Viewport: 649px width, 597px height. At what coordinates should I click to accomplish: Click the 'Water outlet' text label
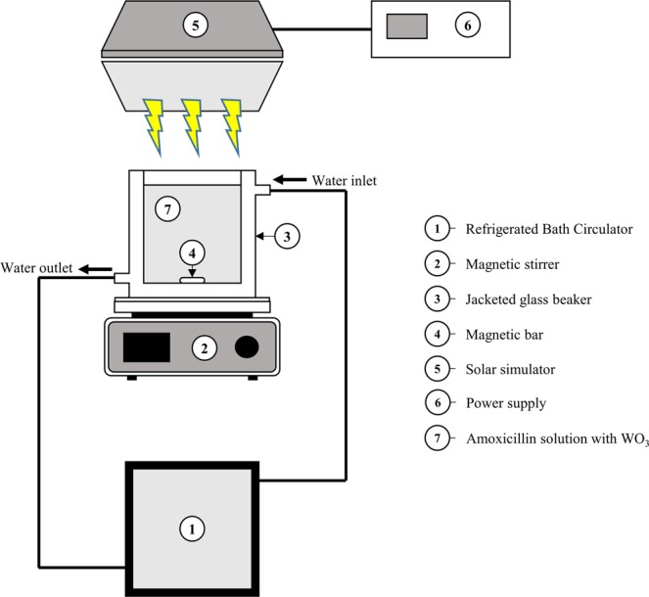pyautogui.click(x=36, y=268)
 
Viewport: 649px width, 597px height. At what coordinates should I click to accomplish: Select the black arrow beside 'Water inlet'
pyautogui.click(x=290, y=180)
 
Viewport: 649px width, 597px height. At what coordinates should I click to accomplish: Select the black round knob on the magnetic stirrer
pyautogui.click(x=248, y=346)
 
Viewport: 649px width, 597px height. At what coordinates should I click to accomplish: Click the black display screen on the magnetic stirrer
pyautogui.click(x=146, y=347)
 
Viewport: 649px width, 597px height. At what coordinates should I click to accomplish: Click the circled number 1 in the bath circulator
pyautogui.click(x=192, y=528)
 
